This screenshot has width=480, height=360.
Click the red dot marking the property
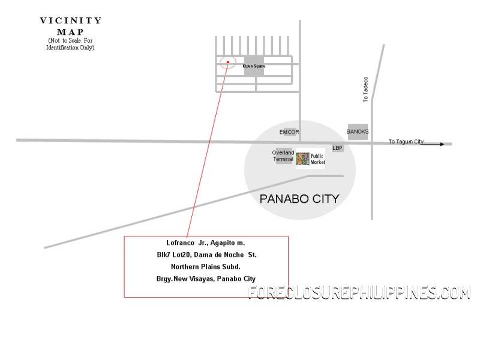(228, 62)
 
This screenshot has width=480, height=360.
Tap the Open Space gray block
(254, 65)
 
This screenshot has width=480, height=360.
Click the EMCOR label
(289, 132)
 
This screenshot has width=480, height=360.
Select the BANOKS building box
(358, 132)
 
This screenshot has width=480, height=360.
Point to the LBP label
(338, 148)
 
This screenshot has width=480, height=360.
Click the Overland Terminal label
(283, 156)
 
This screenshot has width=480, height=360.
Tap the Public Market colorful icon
(302, 159)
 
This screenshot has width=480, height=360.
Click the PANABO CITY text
(299, 199)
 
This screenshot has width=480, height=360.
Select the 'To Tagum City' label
(406, 142)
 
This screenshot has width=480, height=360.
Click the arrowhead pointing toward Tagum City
(442, 144)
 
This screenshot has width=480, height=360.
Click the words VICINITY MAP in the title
(71, 26)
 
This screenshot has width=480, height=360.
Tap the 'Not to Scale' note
(71, 43)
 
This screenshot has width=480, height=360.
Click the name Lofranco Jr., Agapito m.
(206, 243)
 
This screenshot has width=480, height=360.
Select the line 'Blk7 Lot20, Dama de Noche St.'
(206, 255)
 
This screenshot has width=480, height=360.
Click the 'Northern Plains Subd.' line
(206, 267)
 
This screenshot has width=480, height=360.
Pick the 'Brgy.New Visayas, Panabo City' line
(206, 279)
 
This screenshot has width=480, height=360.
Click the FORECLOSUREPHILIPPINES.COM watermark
(359, 293)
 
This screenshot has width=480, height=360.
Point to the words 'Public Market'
(317, 158)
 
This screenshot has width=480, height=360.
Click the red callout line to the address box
(208, 150)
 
